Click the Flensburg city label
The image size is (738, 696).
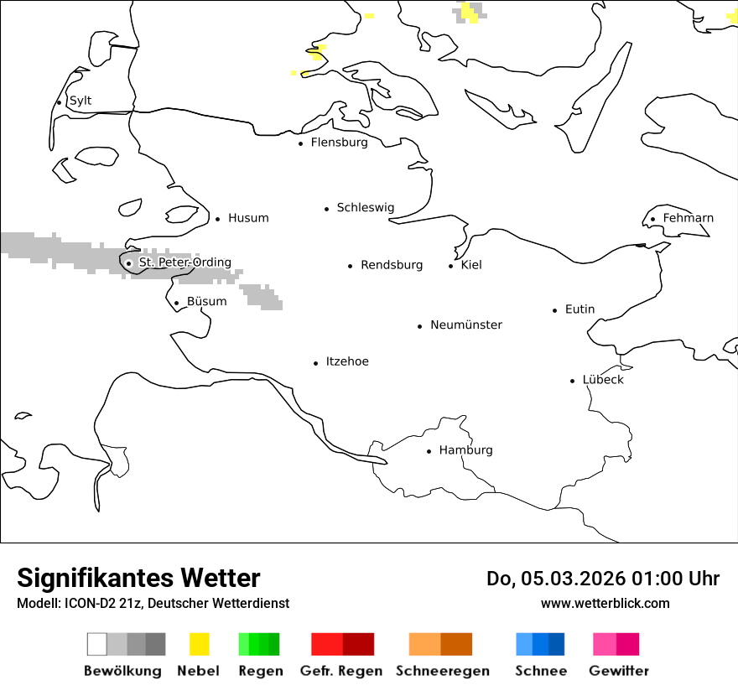point(339,143)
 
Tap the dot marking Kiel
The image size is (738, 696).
point(451,266)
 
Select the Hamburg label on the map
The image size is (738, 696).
point(465,450)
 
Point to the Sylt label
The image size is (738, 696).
point(81,101)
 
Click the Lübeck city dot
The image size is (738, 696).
point(573,381)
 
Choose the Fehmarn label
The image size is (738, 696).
point(688,218)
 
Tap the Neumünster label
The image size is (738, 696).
point(466,325)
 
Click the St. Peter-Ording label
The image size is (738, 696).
point(184,262)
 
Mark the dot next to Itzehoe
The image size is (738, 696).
point(316,363)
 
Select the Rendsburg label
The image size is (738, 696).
point(392,265)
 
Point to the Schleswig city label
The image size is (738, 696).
point(365,207)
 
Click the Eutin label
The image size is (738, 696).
point(579,309)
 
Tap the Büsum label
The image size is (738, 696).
point(206,301)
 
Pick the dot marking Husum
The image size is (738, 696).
point(218,219)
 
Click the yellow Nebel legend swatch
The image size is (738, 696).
point(200,644)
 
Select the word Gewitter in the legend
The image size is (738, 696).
point(619,671)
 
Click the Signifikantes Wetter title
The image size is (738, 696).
point(138,578)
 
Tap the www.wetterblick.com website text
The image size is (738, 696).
point(605,603)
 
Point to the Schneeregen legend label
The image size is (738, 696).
point(442,671)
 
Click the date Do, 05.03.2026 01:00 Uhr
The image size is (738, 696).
point(603,579)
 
